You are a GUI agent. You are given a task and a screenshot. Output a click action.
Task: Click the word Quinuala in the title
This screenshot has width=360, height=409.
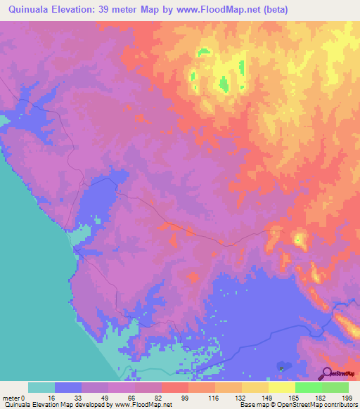(27, 11)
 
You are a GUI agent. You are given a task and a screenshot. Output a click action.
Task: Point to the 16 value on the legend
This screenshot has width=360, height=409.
(51, 398)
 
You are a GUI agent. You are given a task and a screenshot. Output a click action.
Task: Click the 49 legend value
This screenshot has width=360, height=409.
(104, 398)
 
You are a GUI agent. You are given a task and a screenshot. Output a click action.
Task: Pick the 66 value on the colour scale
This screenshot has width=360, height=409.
(131, 398)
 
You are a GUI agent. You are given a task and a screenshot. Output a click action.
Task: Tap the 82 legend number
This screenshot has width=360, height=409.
(157, 398)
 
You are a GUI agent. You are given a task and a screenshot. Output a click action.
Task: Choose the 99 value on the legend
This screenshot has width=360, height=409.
(184, 398)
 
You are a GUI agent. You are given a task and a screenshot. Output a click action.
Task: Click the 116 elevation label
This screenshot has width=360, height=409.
(211, 398)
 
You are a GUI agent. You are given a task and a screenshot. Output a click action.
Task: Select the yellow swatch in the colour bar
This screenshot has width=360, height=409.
(281, 387)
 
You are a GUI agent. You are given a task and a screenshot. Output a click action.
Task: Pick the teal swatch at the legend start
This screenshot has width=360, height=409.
(41, 387)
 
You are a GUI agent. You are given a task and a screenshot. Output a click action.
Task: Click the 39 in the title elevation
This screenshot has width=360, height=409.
(110, 11)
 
